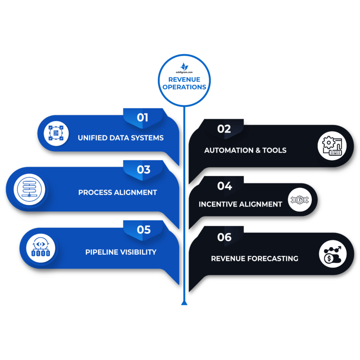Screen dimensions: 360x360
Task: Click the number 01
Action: pos(143,118)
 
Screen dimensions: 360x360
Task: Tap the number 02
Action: pos(224,129)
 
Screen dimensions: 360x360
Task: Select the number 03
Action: pos(144,170)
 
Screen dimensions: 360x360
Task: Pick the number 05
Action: pos(144,230)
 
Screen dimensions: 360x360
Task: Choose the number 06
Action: pos(224,237)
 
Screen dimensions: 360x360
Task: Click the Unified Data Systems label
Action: pos(120,138)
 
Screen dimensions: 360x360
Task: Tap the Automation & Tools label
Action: pos(245,150)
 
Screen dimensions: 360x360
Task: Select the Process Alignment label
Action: pos(117,192)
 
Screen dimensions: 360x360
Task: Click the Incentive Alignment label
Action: pos(240,204)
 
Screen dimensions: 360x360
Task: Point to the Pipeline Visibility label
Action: pos(121,252)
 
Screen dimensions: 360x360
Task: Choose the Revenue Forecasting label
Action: pos(255,258)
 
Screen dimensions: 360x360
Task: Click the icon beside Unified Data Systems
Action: pos(56,133)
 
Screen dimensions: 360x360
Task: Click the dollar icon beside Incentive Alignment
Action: pos(297,200)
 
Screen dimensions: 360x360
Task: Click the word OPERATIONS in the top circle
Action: pos(184,87)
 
